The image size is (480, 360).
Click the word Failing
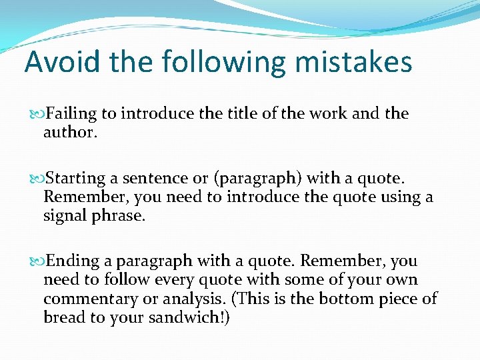(x=71, y=114)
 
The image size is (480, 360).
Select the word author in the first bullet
(x=69, y=132)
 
